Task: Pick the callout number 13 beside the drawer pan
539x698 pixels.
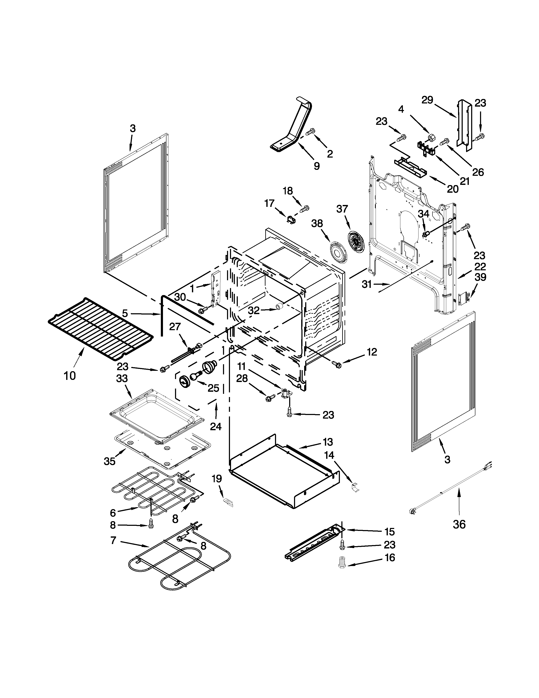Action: (328, 442)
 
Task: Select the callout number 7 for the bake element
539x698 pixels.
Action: (113, 540)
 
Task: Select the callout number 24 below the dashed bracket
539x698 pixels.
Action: (216, 426)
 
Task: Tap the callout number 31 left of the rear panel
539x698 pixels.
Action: (367, 284)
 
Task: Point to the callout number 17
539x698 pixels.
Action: (269, 203)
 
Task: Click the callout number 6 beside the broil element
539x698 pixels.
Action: (113, 513)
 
